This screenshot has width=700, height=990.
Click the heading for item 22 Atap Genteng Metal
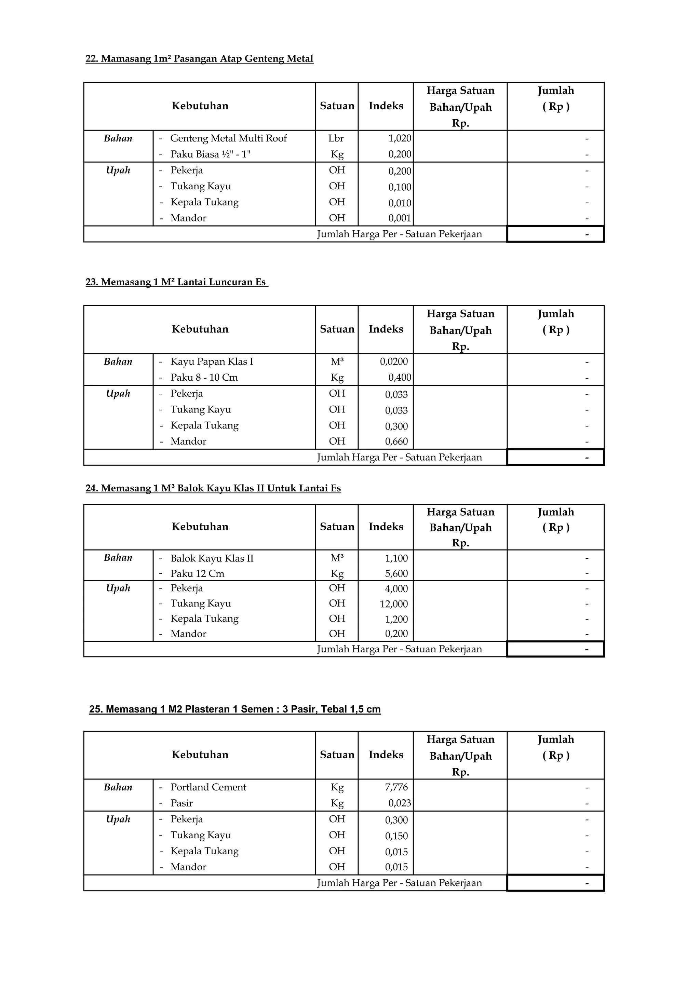point(199,59)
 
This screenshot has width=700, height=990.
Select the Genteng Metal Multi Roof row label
point(228,138)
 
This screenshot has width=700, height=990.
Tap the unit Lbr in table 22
point(336,138)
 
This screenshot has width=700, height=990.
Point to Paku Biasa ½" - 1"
point(210,154)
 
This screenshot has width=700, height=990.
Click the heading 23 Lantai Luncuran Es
point(176,282)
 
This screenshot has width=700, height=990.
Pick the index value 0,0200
point(393,362)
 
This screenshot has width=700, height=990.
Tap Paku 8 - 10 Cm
point(204,378)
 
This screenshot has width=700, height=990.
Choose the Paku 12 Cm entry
point(197,574)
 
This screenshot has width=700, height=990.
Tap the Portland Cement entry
point(208,787)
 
